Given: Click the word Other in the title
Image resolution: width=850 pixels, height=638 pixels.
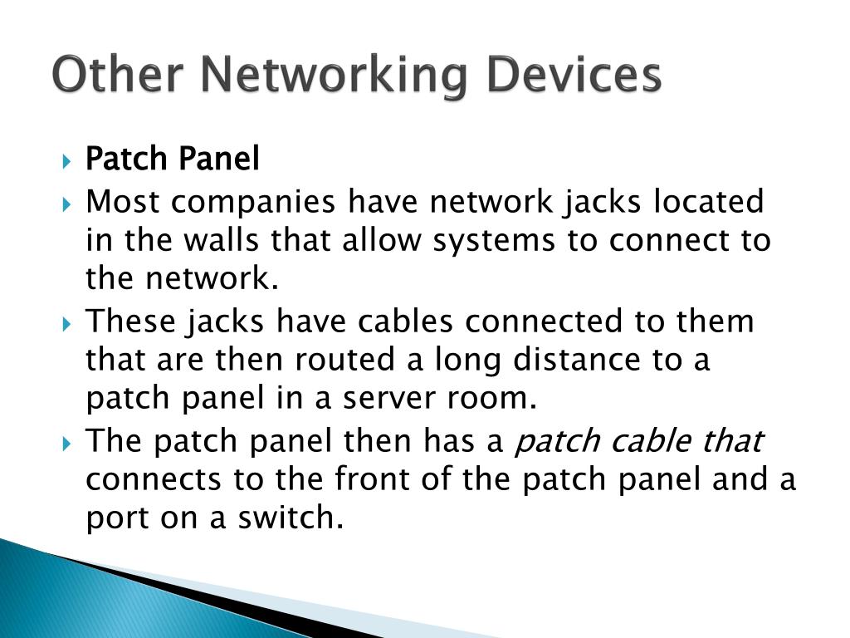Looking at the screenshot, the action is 104,76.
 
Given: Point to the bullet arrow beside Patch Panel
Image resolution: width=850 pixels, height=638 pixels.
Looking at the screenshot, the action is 68,159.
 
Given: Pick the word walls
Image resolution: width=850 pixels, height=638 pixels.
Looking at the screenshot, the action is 214,241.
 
